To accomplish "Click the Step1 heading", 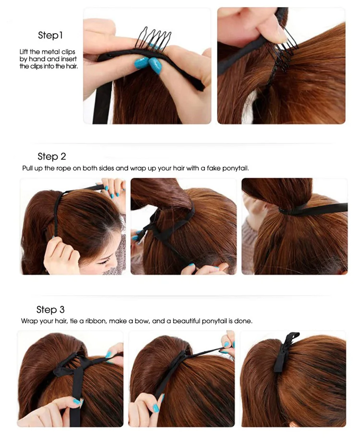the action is click(x=50, y=35).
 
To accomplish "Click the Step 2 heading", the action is click(x=51, y=156).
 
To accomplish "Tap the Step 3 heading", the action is click(x=50, y=310).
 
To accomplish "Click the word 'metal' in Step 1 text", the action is click(x=51, y=52).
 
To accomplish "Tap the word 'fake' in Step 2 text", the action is click(x=214, y=168).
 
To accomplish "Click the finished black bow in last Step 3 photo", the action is click(x=286, y=352).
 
